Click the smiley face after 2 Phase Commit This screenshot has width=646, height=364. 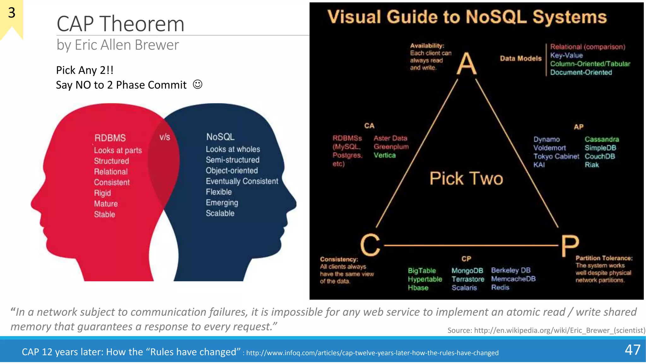point(197,84)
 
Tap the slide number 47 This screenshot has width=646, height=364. point(632,350)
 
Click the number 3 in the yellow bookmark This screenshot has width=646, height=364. point(12,13)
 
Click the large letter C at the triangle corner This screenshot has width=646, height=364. point(370,245)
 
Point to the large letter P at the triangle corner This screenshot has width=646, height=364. point(570,246)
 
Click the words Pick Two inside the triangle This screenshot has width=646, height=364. point(466,179)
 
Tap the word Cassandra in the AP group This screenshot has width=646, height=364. point(602,139)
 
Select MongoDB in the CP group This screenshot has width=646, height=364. point(467,271)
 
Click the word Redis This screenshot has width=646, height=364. point(500,288)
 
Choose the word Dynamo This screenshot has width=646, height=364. point(546,139)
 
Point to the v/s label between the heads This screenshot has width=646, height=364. point(165,137)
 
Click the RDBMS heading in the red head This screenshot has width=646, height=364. point(110,138)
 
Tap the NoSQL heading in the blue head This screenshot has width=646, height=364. point(220,137)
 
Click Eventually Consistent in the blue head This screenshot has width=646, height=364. point(242,181)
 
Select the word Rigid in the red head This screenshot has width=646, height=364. point(102,193)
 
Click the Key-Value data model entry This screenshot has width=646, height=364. point(566,56)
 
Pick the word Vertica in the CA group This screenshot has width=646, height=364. point(385,155)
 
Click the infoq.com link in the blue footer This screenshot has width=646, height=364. point(372,353)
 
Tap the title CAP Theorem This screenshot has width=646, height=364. point(120,24)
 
